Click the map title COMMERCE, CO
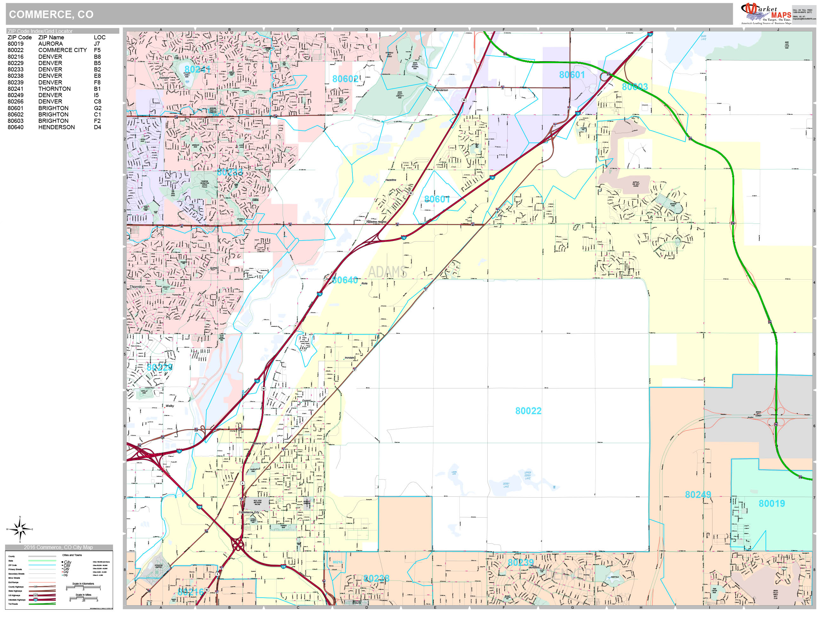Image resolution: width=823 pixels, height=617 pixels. (51, 15)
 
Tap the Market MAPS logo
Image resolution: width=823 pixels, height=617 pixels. (766, 14)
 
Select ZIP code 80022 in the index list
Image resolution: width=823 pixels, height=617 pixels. (16, 50)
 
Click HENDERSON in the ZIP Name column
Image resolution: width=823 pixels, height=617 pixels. (57, 127)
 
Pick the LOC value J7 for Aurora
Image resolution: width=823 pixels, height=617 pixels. (97, 44)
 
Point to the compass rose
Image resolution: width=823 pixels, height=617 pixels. (20, 529)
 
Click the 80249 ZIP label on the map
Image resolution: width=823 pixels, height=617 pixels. (698, 494)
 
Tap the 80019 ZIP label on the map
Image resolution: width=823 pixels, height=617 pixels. (772, 504)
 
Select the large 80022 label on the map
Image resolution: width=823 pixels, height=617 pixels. (528, 411)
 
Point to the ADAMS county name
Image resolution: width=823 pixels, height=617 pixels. (387, 272)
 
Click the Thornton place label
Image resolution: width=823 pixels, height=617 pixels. (137, 287)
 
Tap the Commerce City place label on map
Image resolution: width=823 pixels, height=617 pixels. (249, 512)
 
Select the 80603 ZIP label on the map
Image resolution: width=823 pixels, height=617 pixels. (635, 87)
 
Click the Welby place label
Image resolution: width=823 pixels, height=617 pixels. (170, 406)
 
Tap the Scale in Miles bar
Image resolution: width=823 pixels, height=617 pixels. (84, 598)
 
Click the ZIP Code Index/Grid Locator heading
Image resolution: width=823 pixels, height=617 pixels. (40, 31)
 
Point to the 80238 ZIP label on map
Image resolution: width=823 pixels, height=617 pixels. (377, 578)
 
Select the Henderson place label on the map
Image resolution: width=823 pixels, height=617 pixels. (442, 90)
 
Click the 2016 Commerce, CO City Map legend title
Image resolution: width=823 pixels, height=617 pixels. (58, 547)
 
